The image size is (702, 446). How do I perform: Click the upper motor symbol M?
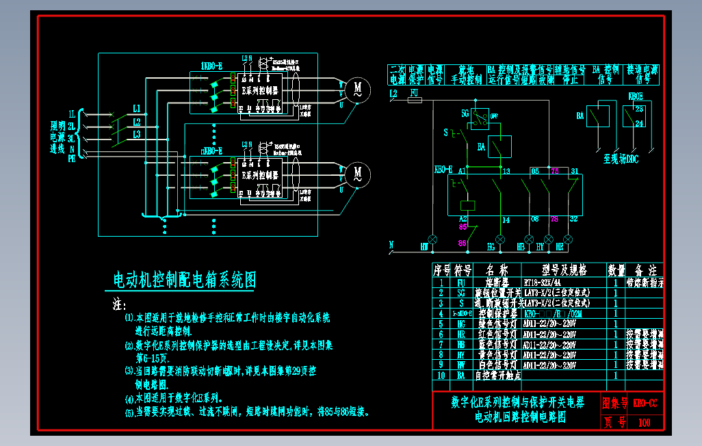click(356, 89)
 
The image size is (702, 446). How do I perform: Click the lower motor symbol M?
click(356, 174)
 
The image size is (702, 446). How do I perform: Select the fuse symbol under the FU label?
click(414, 100)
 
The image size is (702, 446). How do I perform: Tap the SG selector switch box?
click(480, 118)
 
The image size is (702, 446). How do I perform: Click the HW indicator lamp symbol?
click(432, 238)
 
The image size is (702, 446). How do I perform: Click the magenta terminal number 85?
click(463, 226)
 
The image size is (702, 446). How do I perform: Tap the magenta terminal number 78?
click(554, 219)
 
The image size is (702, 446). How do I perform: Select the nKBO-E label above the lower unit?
click(211, 150)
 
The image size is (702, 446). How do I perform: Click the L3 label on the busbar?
click(137, 134)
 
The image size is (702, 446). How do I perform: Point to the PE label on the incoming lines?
click(71, 157)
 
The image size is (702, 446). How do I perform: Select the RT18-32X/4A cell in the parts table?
click(543, 281)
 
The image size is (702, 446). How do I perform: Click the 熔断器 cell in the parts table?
click(495, 281)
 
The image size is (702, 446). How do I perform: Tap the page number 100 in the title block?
click(644, 422)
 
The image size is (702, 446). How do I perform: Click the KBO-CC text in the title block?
click(645, 402)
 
